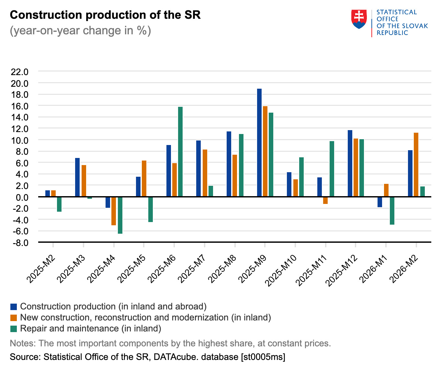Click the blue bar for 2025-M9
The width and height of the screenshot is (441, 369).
pos(259,142)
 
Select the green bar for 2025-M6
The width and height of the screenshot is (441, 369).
pos(180,151)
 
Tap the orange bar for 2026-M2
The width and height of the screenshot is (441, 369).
pos(416,164)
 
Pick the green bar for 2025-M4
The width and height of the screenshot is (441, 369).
pos(120,215)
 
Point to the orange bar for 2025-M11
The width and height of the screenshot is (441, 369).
pos(325,200)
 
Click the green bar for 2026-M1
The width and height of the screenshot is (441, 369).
pos(392,210)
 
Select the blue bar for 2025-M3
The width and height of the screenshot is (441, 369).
pos(77,177)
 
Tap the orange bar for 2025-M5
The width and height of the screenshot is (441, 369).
pos(144,178)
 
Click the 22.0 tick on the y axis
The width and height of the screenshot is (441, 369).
pos(20,72)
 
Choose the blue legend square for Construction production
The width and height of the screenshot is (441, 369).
pos(14,307)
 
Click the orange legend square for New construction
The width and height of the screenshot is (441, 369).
pos(14,318)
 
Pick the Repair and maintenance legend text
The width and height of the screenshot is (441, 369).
pos(91,329)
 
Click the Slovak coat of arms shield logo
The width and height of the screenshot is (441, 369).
pos(359,19)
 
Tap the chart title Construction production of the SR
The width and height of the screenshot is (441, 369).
pos(105,15)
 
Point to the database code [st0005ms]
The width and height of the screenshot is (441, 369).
pos(263,357)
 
